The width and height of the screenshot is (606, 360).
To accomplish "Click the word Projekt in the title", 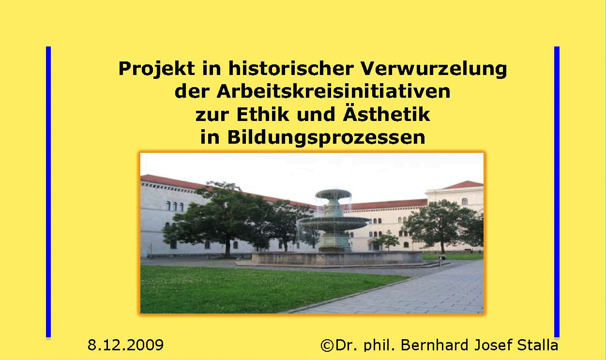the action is point(157,69).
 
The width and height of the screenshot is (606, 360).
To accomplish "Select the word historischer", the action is point(291,68).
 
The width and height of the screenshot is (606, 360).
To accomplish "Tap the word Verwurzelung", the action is point(434,69).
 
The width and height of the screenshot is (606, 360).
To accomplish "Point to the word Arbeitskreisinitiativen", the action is point(333,91).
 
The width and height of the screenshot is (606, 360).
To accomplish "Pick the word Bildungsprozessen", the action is point(326,138).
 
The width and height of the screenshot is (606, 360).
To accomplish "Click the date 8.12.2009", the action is point(125,345).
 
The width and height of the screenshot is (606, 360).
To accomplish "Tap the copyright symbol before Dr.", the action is point(327,345).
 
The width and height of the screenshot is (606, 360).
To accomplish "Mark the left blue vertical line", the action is point(48,192).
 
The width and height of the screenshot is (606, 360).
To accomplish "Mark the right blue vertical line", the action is point(557,192).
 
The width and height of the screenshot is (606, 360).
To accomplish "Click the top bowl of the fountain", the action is point(333,194).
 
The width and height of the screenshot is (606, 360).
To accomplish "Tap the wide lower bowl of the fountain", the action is point(334,224).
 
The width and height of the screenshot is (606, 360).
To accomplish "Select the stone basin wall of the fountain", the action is point(337,258).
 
